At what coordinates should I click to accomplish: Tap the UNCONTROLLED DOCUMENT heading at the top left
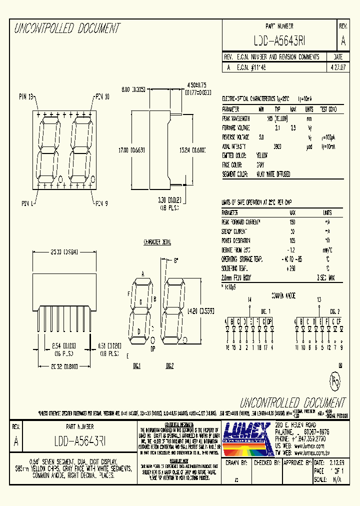[x=66, y=28]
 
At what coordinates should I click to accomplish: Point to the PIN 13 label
[x=26, y=96]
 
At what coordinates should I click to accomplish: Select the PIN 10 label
[x=101, y=96]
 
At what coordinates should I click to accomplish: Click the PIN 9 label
[x=101, y=203]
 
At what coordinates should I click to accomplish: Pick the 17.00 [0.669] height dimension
[x=128, y=149]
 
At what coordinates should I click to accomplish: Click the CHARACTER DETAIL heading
[x=157, y=242]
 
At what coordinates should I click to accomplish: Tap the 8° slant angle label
[x=176, y=260]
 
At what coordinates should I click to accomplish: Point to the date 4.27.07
[x=337, y=66]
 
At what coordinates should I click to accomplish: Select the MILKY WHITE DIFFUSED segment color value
[x=273, y=174]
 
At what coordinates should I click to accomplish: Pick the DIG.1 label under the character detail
[x=137, y=365]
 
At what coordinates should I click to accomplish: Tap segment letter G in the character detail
[x=140, y=302]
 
